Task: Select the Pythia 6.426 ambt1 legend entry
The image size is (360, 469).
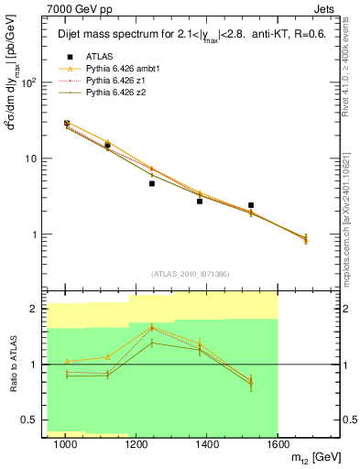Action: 121,68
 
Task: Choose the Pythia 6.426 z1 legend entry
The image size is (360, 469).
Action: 116,79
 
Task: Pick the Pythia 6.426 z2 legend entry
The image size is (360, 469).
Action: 116,90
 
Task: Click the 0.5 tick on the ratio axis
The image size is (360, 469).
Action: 32,420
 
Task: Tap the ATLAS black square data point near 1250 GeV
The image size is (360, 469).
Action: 152,183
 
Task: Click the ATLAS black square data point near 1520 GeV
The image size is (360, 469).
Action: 251,205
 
